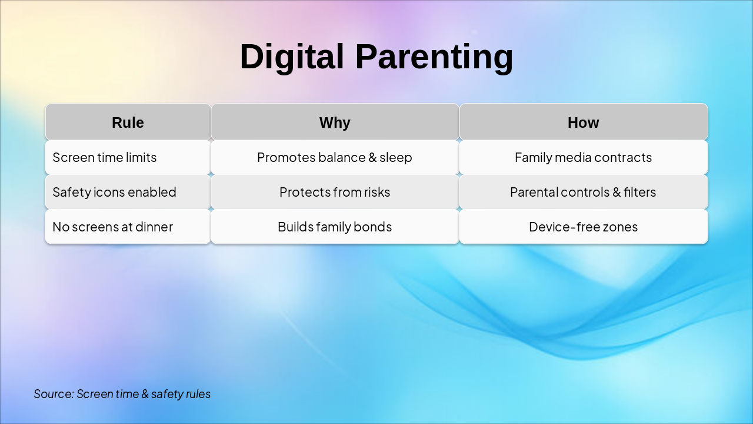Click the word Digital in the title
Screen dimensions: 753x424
tap(292, 57)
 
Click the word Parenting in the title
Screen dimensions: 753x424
tap(434, 57)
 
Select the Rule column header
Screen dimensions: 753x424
tap(128, 122)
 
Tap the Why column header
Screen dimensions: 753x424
tap(335, 122)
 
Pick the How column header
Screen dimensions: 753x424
tap(584, 122)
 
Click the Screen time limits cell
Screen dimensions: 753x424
tap(128, 157)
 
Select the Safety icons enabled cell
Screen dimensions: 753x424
tap(128, 192)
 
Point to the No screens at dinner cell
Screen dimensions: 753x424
tap(128, 227)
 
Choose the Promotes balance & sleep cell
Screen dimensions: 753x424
tap(335, 157)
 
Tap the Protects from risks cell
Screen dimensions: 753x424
tap(335, 192)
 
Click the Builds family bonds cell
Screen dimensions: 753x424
tap(335, 227)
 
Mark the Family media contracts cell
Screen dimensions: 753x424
tap(584, 157)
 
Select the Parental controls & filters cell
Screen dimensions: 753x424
tap(584, 192)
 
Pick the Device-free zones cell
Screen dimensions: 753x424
tap(584, 227)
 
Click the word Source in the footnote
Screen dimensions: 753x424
tap(54, 394)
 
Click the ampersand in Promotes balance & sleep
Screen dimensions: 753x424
tap(372, 157)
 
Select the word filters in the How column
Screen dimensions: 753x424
tap(639, 192)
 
